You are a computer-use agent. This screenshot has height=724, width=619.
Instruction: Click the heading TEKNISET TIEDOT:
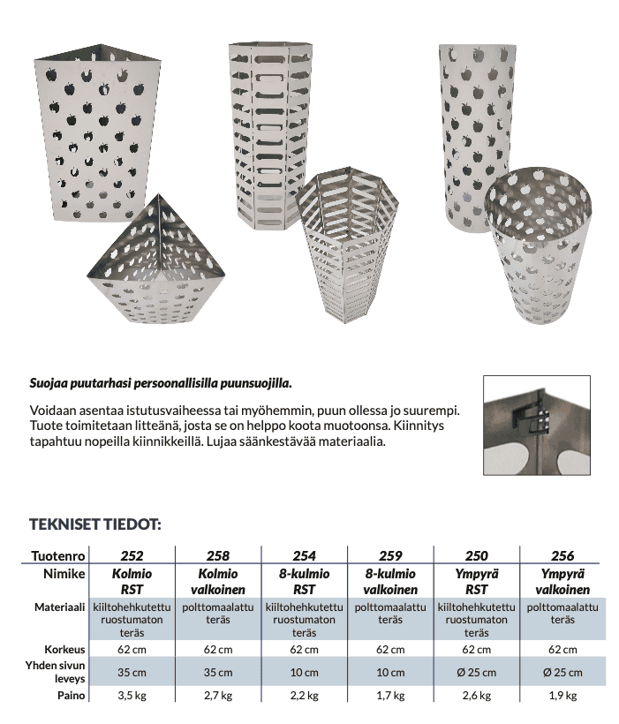pos(96,524)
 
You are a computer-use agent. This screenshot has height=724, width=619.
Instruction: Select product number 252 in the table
pos(131,555)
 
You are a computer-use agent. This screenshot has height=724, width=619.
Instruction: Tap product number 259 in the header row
pos(390,555)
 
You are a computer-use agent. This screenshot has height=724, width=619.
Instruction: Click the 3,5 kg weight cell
pos(131,696)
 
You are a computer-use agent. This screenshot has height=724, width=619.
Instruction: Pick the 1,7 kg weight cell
pos(390,696)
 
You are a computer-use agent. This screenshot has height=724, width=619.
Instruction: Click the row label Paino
pos(71,696)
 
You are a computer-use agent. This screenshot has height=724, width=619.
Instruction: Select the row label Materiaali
pos(59,608)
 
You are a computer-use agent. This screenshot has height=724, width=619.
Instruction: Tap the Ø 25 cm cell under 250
pos(476,673)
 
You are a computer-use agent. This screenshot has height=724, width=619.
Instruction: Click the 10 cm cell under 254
pos(304,673)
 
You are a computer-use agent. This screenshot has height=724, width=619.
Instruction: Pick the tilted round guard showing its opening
pos(538,247)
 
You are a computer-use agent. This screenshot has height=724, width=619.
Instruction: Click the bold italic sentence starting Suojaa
pos(160,385)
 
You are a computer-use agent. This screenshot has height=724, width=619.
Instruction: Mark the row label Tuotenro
pos(58,555)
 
